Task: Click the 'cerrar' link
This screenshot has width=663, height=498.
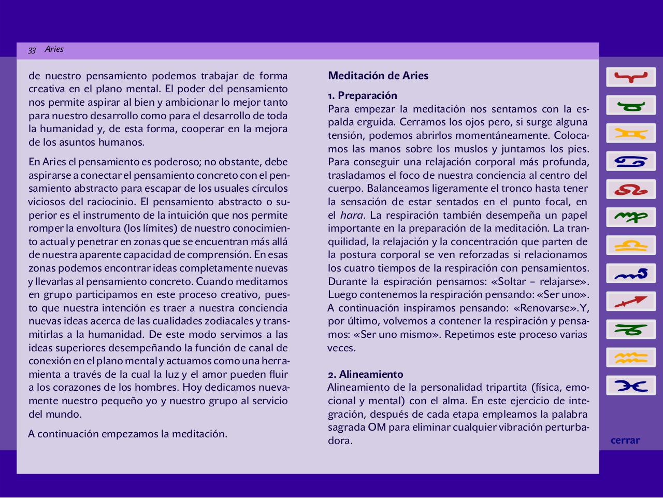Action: click(x=625, y=440)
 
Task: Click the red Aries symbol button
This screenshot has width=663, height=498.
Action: click(x=630, y=77)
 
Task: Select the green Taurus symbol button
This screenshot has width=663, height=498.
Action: click(x=630, y=105)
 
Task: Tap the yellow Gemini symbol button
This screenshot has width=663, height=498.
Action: click(x=630, y=133)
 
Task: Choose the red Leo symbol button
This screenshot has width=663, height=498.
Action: click(x=630, y=189)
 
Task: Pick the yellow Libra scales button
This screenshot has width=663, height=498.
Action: click(x=630, y=245)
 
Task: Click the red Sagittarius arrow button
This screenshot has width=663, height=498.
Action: click(x=630, y=301)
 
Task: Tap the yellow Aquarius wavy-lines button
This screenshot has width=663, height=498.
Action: click(x=630, y=357)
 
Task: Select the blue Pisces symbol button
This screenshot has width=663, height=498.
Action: click(x=630, y=385)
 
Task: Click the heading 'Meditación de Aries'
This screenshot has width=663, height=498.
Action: click(x=378, y=76)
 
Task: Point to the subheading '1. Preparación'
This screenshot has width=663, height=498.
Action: click(x=363, y=95)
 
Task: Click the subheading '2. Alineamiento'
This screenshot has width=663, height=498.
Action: click(x=366, y=374)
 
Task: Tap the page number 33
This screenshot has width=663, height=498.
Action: click(x=32, y=50)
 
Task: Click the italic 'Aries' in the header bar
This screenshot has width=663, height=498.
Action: click(x=54, y=49)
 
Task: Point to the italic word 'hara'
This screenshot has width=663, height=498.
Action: click(x=352, y=215)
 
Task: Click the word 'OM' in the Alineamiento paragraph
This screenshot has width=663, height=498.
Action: click(x=377, y=428)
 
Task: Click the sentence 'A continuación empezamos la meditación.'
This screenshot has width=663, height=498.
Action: click(x=127, y=434)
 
